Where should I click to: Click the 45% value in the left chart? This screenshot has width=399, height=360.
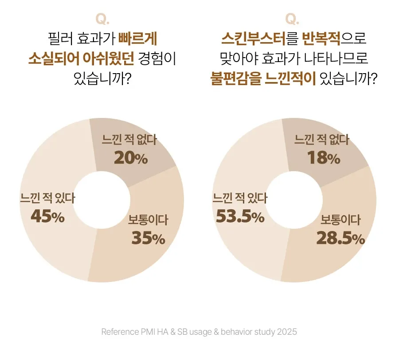[x=47, y=217]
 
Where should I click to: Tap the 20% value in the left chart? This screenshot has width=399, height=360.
[x=131, y=158]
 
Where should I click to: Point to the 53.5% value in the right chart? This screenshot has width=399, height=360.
[x=240, y=217]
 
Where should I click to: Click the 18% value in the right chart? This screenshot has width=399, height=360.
[x=323, y=158]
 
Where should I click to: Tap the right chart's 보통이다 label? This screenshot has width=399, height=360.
[x=340, y=220]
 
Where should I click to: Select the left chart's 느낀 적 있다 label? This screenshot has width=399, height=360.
[x=47, y=198]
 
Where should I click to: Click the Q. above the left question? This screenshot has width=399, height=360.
[x=102, y=20]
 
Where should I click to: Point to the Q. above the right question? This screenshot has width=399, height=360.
[x=292, y=20]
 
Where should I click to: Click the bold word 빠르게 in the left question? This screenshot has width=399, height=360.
[x=138, y=39]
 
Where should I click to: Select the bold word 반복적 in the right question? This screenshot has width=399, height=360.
[x=321, y=39]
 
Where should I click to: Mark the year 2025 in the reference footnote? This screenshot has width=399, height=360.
[x=287, y=332]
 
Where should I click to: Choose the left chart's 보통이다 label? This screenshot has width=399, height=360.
[x=148, y=220]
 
